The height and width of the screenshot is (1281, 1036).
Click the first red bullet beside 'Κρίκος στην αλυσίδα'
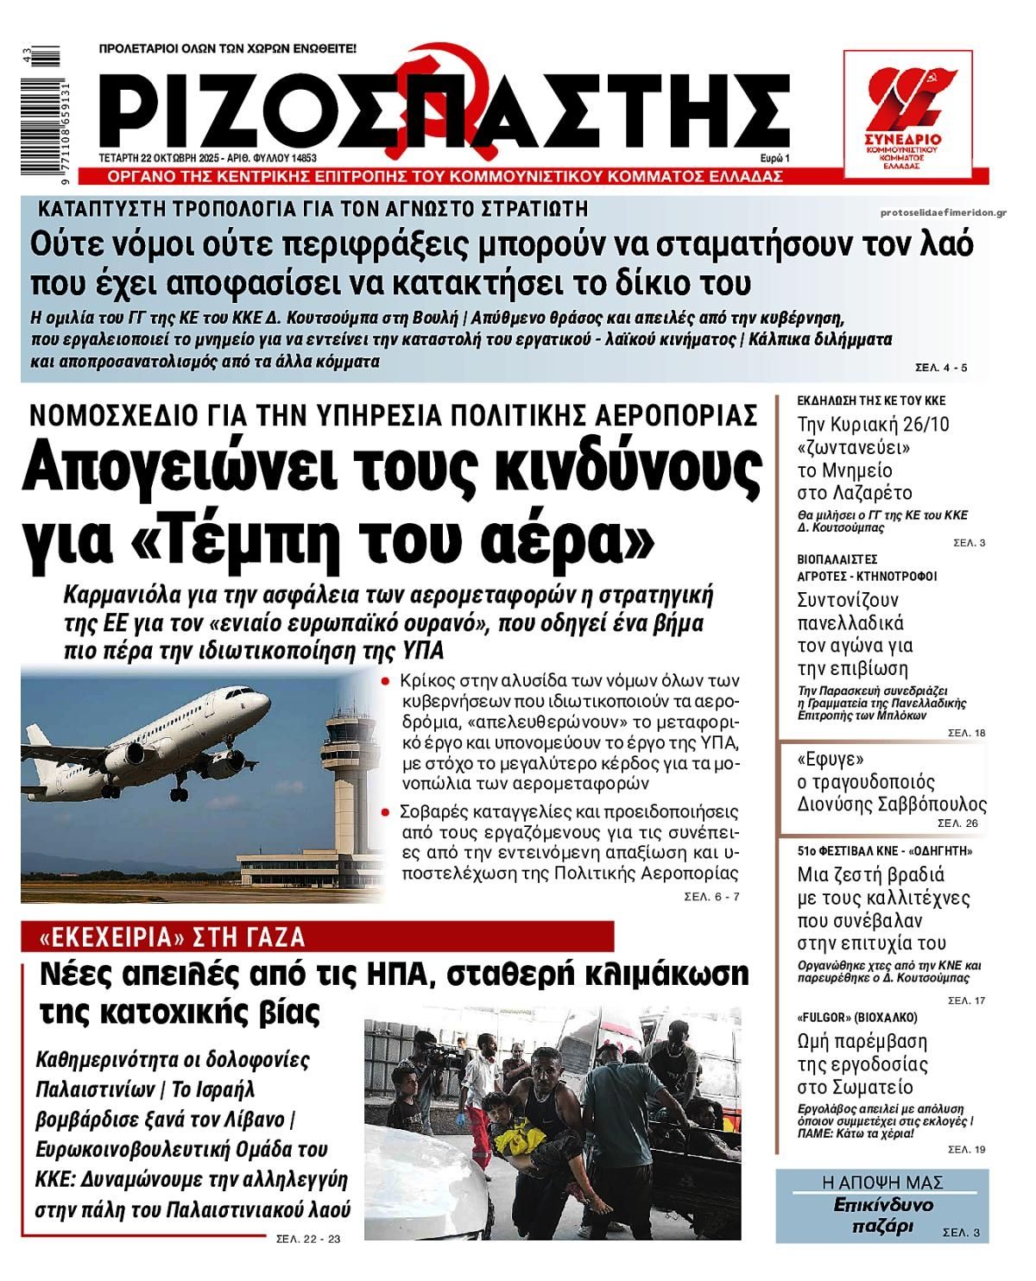pos(386,681)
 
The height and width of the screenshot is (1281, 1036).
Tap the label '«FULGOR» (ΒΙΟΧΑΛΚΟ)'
pos(856,1017)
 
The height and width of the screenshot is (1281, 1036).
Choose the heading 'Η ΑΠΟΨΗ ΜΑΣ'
pos(882,1183)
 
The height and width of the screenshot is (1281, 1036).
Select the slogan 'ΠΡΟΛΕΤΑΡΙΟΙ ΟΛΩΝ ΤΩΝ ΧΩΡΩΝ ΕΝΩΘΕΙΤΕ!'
pos(228,48)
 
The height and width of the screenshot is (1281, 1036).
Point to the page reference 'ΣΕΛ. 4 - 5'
pos(941,368)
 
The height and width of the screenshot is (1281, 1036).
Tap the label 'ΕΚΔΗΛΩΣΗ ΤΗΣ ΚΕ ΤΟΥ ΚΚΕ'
pos(870,401)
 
